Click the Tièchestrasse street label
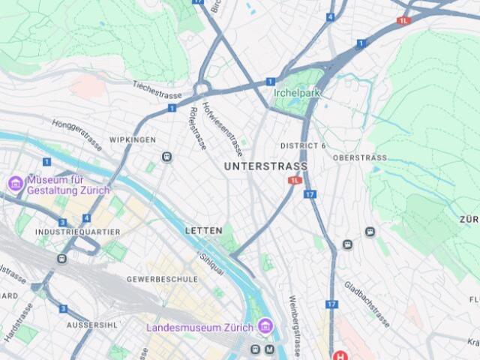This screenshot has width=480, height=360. tap(157, 90)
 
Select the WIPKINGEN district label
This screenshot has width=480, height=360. tap(132, 140)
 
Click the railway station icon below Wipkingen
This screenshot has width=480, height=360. tap(166, 157)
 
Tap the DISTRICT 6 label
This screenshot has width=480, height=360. tap(303, 145)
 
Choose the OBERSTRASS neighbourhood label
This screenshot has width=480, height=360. tap(359, 158)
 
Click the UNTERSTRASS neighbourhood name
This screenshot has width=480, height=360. tap(265, 166)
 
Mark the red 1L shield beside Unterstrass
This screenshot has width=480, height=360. tap(295, 181)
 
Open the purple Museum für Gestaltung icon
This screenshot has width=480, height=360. tap(16, 183)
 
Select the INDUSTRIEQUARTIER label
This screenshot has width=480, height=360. tap(77, 232)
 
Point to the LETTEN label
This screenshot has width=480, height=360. tap(203, 231)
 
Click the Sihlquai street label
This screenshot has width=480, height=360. tap(212, 265)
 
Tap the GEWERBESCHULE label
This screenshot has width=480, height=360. tap(162, 279)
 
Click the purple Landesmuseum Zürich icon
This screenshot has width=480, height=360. tap(264, 326)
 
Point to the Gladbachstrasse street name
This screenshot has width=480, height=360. tap(367, 304)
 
